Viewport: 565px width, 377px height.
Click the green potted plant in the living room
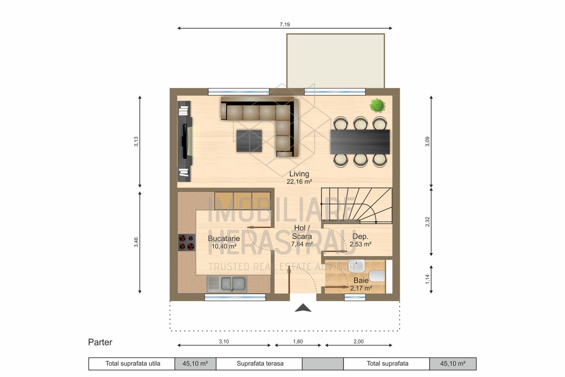click(378, 105)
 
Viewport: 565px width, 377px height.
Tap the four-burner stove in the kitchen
click(187, 242)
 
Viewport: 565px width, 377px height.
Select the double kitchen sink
click(227, 284)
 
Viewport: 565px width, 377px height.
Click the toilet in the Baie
click(377, 276)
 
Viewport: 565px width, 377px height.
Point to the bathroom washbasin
click(356, 266)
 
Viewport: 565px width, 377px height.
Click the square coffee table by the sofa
click(249, 141)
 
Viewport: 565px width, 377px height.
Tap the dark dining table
click(360, 142)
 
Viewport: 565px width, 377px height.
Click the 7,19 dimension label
click(285, 24)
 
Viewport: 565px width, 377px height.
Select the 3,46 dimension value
click(136, 242)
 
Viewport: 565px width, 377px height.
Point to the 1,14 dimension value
click(427, 279)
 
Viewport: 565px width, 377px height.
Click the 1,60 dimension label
click(298, 341)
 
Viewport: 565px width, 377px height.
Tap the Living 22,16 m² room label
click(299, 178)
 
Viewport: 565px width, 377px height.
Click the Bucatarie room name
click(224, 238)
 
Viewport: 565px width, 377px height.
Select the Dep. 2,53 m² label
click(360, 240)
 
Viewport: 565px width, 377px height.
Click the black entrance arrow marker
click(303, 308)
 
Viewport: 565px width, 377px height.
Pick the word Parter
click(100, 342)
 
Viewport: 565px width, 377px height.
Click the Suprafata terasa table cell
click(260, 364)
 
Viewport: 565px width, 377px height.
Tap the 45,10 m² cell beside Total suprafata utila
click(195, 364)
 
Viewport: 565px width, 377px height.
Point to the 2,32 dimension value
click(427, 222)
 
